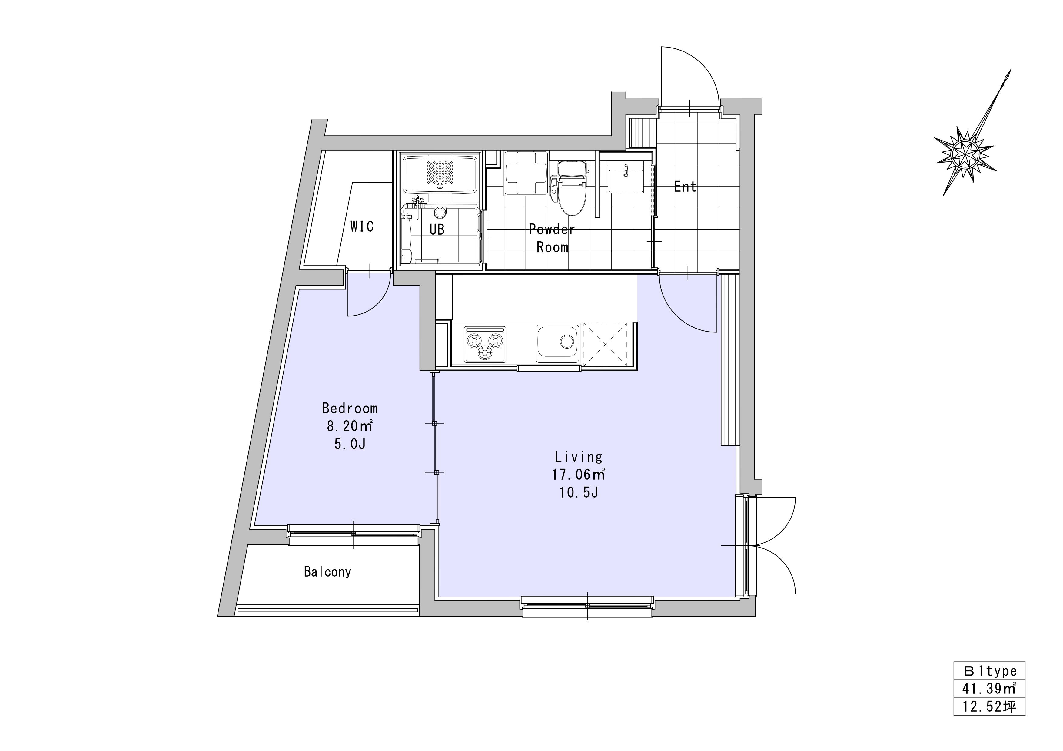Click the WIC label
tap(362, 227)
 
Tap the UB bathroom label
tap(437, 229)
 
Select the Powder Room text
tap(552, 238)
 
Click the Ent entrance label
tap(685, 187)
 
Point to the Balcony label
tap(327, 572)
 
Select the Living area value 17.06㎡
tap(579, 474)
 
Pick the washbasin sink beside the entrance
tap(625, 180)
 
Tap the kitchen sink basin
tap(557, 343)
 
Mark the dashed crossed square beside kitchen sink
tap(605, 345)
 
